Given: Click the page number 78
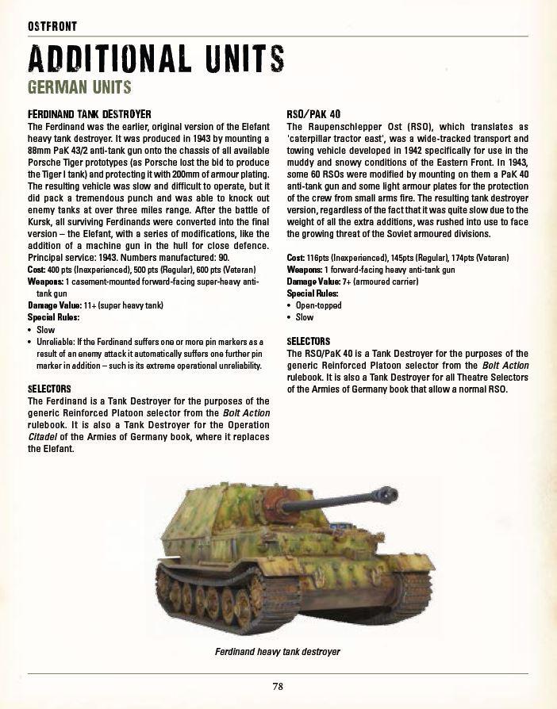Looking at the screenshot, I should click(x=278, y=687).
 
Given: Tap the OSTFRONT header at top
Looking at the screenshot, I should click(x=52, y=25).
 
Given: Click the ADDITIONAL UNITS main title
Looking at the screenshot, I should click(x=156, y=59).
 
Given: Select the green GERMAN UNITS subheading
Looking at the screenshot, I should click(x=79, y=86).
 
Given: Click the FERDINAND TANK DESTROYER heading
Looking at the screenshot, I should click(x=89, y=114).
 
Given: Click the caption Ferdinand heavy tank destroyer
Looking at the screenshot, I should click(x=278, y=651).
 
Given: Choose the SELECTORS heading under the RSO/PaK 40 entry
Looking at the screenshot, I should click(x=308, y=342).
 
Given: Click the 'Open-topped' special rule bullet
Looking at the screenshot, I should click(x=314, y=305).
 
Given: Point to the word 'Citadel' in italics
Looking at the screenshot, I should click(x=43, y=437).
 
